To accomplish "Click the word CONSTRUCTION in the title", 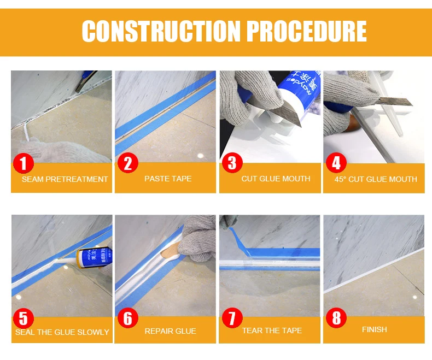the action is point(161,31).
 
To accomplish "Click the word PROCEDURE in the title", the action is point(306,31).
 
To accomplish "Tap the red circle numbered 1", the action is point(24,163).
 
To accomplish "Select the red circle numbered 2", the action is point(128,163).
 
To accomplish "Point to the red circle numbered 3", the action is point(232,163).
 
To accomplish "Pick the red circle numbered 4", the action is point(336,163).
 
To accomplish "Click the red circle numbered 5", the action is point(24,318).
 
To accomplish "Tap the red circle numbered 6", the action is point(128,318).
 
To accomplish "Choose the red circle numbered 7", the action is point(232,318).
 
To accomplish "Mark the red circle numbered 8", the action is point(336,318).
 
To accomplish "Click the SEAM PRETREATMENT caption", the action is point(65,179).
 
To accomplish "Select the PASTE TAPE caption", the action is point(168,179).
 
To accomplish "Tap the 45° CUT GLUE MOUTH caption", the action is point(376,179).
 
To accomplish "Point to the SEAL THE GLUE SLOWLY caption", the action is point(62,332).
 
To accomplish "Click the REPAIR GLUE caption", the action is point(170,331).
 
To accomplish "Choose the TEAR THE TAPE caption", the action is point(272,331).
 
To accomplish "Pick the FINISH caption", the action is point(375,329).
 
